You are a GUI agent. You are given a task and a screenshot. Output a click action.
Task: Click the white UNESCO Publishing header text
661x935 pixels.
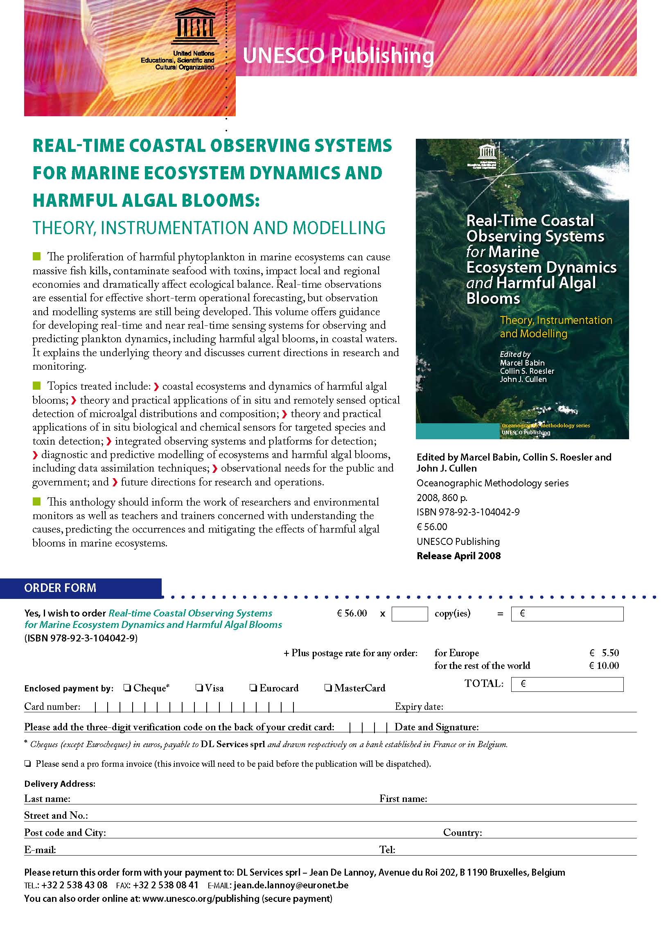(338, 56)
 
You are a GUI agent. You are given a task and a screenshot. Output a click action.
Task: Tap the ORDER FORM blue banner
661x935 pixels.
(60, 588)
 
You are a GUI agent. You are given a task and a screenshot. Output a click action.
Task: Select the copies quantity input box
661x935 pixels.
(409, 614)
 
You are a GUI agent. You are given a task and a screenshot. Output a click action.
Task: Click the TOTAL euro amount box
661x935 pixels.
(567, 684)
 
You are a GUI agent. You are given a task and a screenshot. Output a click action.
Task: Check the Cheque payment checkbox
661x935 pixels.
(127, 688)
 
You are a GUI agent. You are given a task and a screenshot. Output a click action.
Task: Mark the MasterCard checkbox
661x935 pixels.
(328, 688)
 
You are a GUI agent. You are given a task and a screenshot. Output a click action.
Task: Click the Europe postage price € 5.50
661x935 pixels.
(604, 653)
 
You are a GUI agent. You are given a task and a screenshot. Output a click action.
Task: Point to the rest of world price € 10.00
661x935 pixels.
(604, 666)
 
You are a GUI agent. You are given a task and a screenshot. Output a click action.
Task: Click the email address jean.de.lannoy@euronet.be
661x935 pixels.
(291, 885)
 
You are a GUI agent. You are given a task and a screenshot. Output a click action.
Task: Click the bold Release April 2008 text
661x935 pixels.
(458, 556)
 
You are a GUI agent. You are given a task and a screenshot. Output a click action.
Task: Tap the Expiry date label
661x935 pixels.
(419, 707)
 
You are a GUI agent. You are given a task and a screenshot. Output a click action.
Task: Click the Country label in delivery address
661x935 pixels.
(462, 833)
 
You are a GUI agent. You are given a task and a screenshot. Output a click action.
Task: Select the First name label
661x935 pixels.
(403, 799)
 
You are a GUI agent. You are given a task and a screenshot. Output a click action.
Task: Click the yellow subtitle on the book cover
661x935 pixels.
(555, 327)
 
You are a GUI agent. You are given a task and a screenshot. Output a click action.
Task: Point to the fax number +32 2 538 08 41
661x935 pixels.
(165, 885)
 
